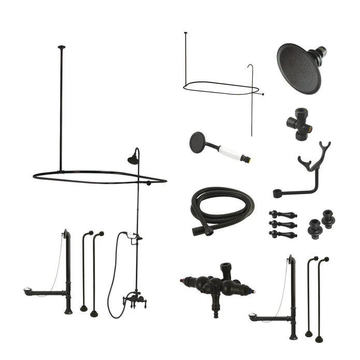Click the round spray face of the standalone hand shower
coord(197,141)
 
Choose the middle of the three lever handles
coord(282,224)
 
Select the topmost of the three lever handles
coord(282,214)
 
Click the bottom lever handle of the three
coord(282,234)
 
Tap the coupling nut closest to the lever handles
coord(315,228)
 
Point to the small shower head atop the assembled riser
coord(134,160)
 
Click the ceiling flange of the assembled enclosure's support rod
coord(61,48)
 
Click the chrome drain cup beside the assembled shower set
coord(30,292)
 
